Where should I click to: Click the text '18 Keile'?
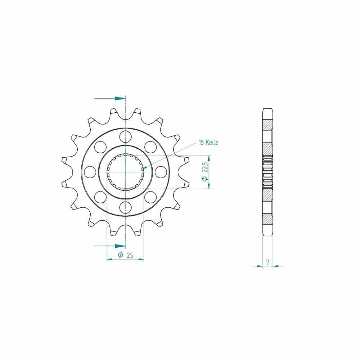pos(208,143)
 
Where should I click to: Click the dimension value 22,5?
pos(205,167)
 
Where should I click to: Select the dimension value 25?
pos(130,255)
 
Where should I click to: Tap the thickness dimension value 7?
pos(268,262)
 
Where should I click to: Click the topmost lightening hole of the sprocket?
pos(125,136)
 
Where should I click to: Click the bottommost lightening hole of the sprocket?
pos(125,208)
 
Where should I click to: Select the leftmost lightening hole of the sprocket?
pos(90,172)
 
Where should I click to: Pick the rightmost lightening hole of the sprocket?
pos(161,172)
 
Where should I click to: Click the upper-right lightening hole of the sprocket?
pos(150,147)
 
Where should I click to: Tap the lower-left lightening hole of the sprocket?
pos(100,197)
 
